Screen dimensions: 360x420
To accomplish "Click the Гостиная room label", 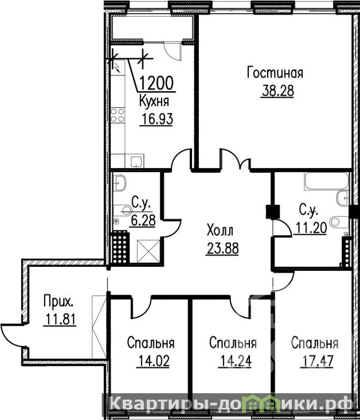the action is pos(275,73).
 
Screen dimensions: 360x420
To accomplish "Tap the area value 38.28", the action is pos(278,91).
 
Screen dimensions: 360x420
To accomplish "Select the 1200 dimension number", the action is pos(156,83).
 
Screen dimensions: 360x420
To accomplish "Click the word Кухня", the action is pos(154,101).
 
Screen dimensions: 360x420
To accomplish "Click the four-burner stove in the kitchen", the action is pos(118,115).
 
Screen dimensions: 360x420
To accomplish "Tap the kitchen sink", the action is pos(137,162).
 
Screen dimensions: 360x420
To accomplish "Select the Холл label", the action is pos(220,231).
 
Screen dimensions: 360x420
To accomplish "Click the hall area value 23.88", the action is pos(222,248).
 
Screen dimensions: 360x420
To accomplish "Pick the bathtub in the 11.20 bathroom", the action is pos(326,181).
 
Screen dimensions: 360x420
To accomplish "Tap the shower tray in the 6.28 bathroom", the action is pos(149,251).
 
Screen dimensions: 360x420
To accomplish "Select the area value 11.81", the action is pos(60,319).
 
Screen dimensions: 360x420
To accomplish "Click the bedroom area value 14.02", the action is pos(153,361).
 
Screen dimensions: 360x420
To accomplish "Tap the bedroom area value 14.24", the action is pos(235,361).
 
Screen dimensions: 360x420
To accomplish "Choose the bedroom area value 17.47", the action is pos(317,361).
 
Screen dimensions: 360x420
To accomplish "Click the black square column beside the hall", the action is pos(273,212).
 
